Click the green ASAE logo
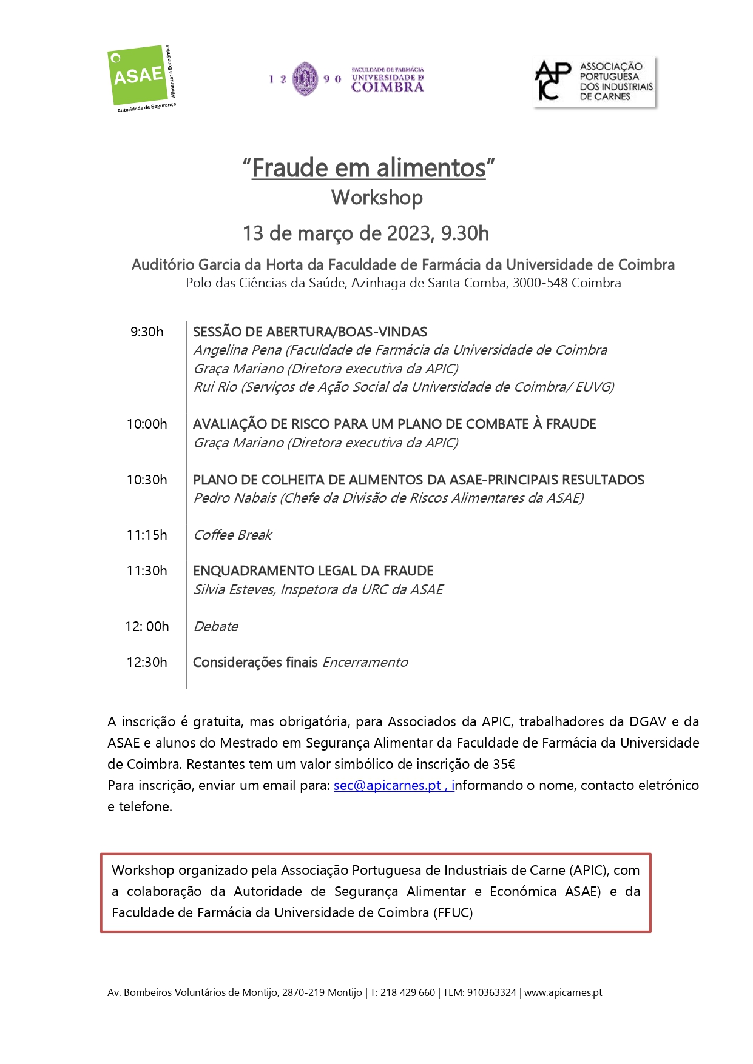[139, 76]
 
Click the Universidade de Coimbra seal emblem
[305, 79]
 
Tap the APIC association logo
[594, 82]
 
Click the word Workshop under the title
[377, 198]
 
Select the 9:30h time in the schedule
[147, 332]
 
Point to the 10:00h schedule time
[147, 424]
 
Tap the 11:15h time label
[147, 535]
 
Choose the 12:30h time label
[147, 663]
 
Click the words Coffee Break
[233, 535]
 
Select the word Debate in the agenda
[216, 627]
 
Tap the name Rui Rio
[215, 387]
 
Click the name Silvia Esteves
[234, 590]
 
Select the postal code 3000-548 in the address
[540, 283]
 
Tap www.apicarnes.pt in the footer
[563, 993]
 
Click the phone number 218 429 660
[408, 993]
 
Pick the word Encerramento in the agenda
[365, 663]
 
